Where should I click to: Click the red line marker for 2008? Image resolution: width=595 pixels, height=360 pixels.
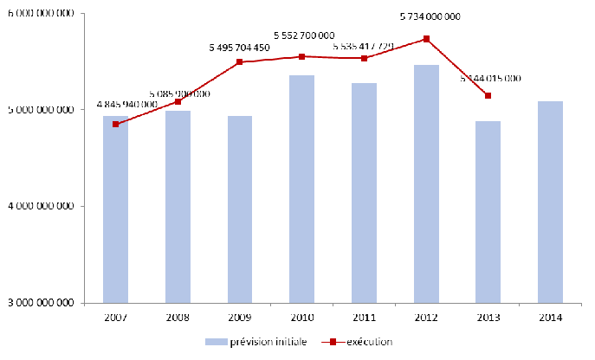178,101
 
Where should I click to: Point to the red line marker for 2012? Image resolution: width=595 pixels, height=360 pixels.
427,39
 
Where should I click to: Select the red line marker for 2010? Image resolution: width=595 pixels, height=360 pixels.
302,56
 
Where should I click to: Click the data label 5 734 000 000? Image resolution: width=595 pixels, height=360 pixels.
430,16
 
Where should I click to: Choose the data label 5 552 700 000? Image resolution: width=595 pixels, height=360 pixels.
304,35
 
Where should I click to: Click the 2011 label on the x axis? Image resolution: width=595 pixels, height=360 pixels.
365,318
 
